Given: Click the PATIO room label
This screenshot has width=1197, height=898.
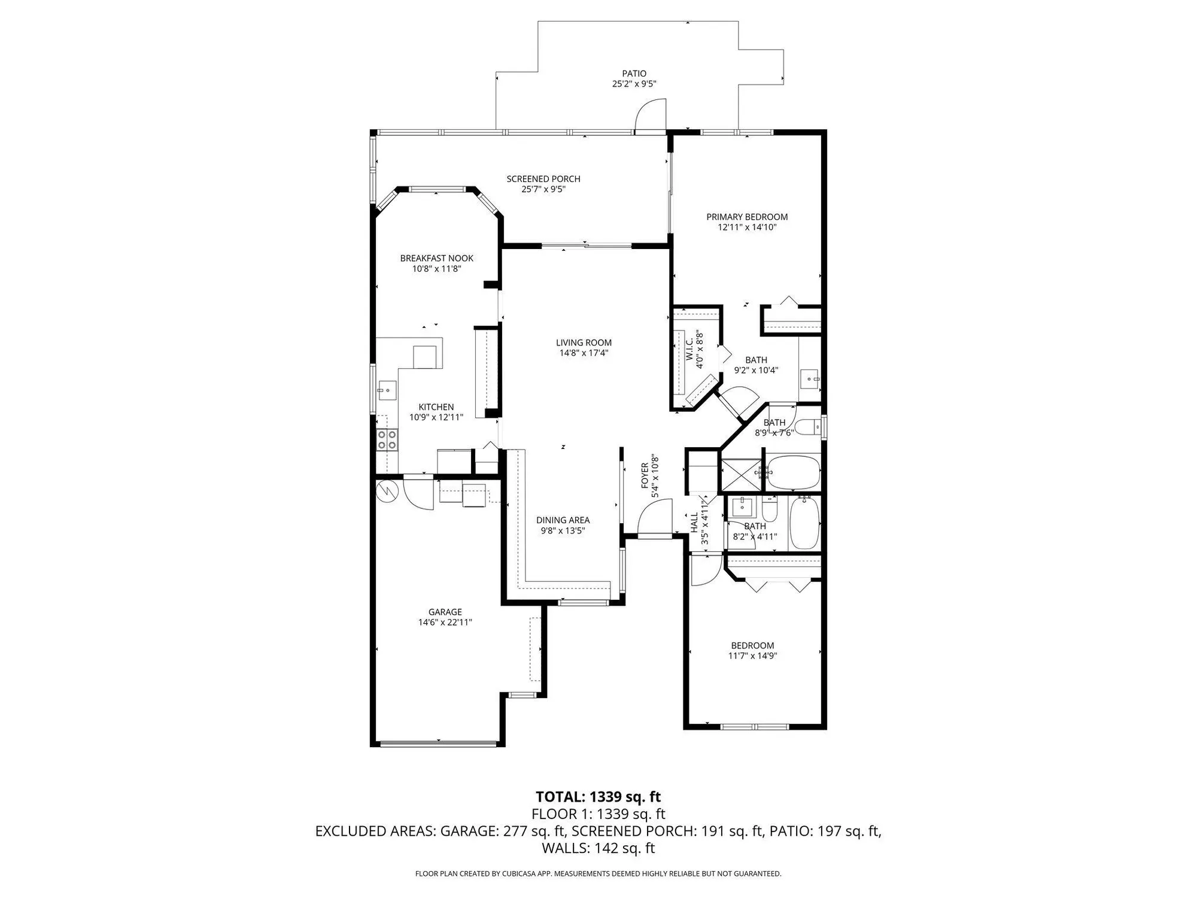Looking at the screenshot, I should [x=634, y=74].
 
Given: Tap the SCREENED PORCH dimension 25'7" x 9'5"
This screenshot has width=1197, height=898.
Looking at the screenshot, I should [x=543, y=189].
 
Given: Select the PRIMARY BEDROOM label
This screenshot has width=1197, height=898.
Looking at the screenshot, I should [x=747, y=217].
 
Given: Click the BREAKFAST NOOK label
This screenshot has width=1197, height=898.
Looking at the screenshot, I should [x=436, y=258].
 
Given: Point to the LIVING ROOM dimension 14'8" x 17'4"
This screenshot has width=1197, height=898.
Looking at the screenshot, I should [x=584, y=353].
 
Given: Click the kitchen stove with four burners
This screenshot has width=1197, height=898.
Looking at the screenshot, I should [x=387, y=441].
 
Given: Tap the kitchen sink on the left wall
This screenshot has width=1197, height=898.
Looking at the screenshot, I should [x=386, y=390].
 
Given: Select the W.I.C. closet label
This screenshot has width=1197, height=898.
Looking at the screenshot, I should [x=688, y=348].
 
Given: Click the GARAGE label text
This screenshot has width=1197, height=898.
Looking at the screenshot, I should [x=445, y=612].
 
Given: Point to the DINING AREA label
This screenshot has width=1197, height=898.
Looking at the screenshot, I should [x=563, y=520].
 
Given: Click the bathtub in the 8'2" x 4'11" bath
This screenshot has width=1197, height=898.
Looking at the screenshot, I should [x=804, y=523].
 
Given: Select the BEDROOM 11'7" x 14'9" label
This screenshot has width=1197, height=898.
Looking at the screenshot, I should [x=752, y=645].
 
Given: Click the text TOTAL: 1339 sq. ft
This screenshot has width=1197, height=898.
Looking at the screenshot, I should [x=598, y=797].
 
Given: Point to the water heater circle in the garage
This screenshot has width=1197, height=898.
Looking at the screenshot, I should [x=387, y=492].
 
